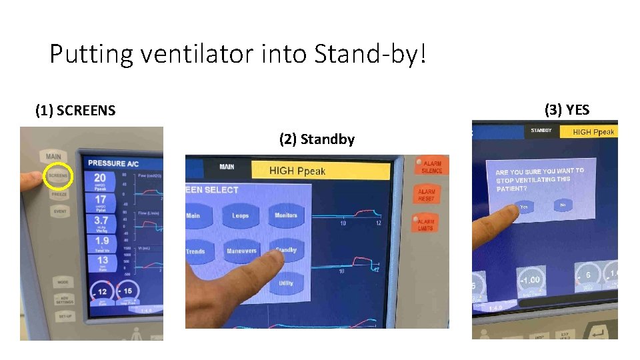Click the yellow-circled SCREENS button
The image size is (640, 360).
pyautogui.click(x=57, y=177)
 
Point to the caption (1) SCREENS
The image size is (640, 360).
pyautogui.click(x=75, y=110)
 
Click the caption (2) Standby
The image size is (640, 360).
pyautogui.click(x=317, y=139)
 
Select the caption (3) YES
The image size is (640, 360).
pyautogui.click(x=567, y=109)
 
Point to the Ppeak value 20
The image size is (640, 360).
pyautogui.click(x=100, y=178)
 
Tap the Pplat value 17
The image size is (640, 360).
pyautogui.click(x=100, y=199)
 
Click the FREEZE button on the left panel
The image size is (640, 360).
pyautogui.click(x=59, y=195)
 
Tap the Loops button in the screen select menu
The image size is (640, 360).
pyautogui.click(x=240, y=215)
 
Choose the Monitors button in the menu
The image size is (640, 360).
pyautogui.click(x=286, y=215)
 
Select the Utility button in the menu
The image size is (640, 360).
pyautogui.click(x=286, y=283)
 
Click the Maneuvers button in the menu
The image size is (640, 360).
pyautogui.click(x=241, y=251)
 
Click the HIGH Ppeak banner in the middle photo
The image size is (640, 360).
pyautogui.click(x=319, y=171)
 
